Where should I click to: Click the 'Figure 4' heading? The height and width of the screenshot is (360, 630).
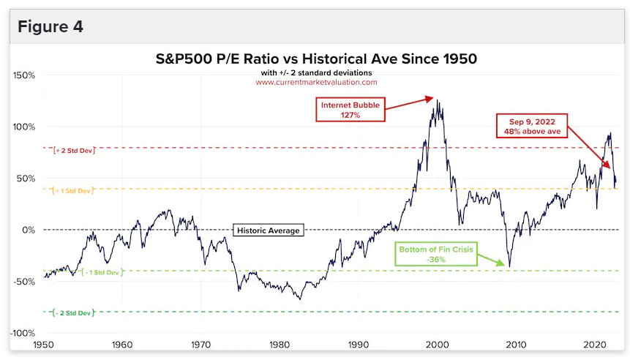(50, 27)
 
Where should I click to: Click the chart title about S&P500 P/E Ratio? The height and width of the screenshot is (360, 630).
(316, 58)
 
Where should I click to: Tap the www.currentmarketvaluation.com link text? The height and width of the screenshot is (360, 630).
(316, 82)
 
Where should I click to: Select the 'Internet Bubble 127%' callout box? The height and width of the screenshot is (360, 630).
(350, 110)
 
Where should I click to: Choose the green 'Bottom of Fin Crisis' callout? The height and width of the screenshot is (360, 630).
(438, 254)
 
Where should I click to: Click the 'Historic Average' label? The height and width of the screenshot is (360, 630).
(268, 230)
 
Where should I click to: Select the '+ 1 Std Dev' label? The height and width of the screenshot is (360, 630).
(74, 191)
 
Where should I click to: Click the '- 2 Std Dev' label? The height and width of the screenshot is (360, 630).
(74, 313)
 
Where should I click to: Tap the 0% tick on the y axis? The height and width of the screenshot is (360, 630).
(29, 230)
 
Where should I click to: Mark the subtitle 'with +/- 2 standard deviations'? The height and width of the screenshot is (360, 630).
(316, 72)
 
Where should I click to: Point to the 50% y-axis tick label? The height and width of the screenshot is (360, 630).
(26, 179)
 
